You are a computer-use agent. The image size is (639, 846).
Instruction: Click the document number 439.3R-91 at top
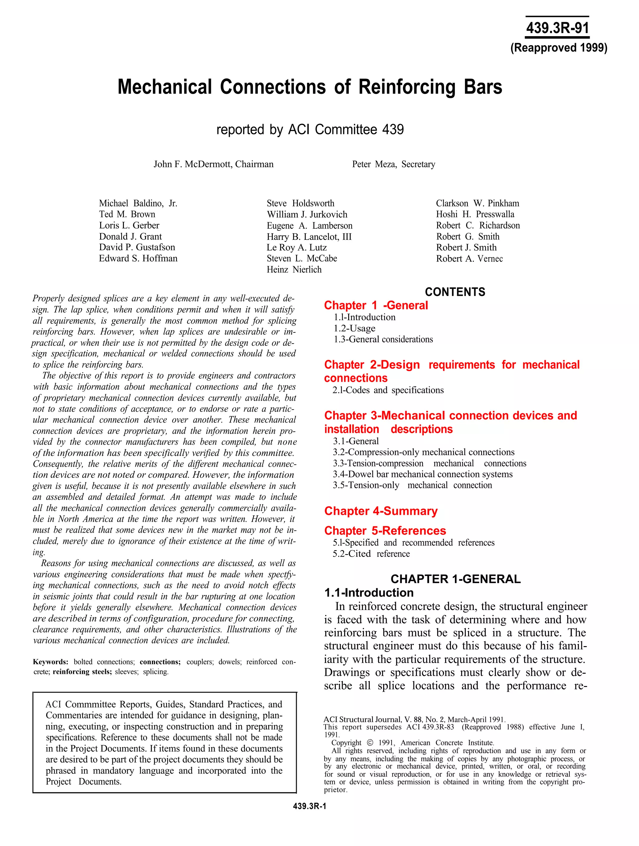(557, 28)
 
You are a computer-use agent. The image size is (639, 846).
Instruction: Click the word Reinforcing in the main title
(407, 87)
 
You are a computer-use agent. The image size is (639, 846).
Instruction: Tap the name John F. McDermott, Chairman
(213, 164)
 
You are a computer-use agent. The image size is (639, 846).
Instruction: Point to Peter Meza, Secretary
(393, 164)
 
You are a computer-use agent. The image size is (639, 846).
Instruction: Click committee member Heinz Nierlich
(294, 270)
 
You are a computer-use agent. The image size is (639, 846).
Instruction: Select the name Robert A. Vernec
(469, 259)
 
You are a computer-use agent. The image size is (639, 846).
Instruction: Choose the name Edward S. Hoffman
(138, 259)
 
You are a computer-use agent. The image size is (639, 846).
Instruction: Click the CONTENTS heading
(455, 292)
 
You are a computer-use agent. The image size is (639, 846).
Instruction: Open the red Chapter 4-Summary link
(381, 511)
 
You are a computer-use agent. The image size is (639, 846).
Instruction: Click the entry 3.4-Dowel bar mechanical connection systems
(422, 474)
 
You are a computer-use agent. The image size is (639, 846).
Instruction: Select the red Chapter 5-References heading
(385, 531)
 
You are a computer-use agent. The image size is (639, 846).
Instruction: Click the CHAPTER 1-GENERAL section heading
(455, 579)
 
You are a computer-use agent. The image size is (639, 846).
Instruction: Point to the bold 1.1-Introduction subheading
(369, 593)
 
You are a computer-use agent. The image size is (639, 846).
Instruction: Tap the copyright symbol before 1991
(370, 743)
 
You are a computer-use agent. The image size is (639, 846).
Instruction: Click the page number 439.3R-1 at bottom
(310, 807)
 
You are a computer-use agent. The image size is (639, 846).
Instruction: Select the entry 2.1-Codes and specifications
(388, 390)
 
